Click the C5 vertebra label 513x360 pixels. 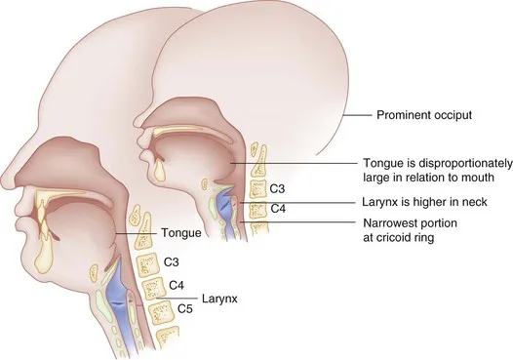(x=182, y=308)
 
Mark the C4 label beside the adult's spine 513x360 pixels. (x=178, y=286)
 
